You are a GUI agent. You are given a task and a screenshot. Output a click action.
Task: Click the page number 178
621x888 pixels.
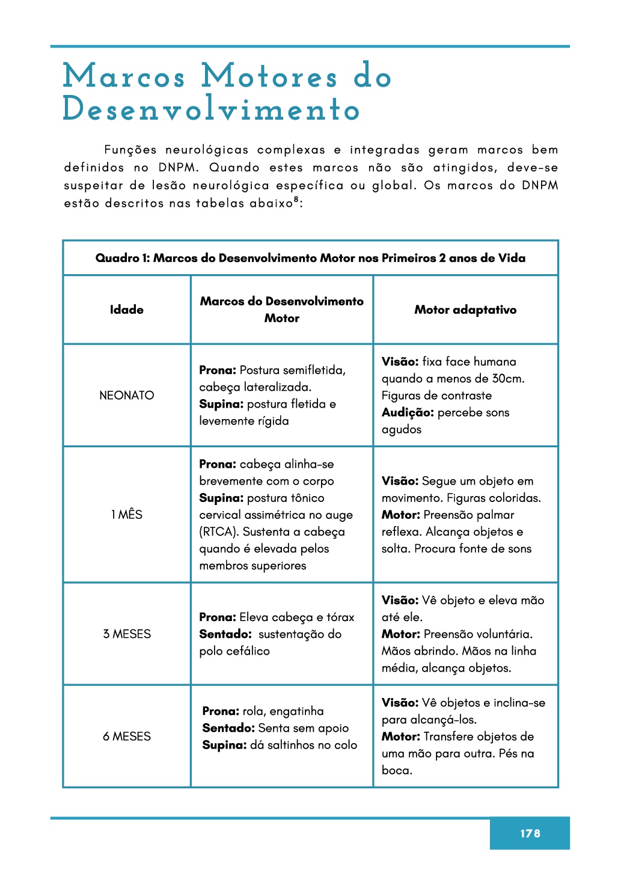click(x=530, y=833)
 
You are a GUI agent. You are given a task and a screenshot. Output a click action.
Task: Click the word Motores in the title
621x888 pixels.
click(x=269, y=77)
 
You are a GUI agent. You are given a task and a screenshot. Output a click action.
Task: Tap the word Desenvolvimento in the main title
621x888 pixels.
click(x=212, y=109)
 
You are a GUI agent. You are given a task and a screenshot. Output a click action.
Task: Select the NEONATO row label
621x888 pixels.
click(x=127, y=395)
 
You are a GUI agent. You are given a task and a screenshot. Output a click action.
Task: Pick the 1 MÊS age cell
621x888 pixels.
click(x=127, y=514)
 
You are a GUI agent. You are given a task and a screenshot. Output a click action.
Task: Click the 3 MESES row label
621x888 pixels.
click(x=127, y=634)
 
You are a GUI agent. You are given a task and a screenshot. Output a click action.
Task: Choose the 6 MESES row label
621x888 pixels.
click(x=127, y=736)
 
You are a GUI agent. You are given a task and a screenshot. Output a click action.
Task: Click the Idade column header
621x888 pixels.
click(x=127, y=310)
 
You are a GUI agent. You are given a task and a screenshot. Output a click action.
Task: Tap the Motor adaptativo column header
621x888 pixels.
click(x=465, y=310)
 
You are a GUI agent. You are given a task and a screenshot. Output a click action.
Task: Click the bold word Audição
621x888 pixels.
click(x=407, y=412)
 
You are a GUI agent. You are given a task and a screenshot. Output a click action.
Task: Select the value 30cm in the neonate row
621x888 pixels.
click(x=508, y=378)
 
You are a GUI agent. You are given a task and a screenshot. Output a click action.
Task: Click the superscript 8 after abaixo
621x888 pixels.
click(x=296, y=199)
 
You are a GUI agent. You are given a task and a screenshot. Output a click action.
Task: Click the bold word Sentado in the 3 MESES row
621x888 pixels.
click(x=225, y=634)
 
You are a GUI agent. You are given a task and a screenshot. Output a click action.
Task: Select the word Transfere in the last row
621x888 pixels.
click(x=448, y=736)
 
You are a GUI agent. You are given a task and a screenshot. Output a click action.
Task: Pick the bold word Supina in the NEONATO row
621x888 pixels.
click(x=221, y=404)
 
